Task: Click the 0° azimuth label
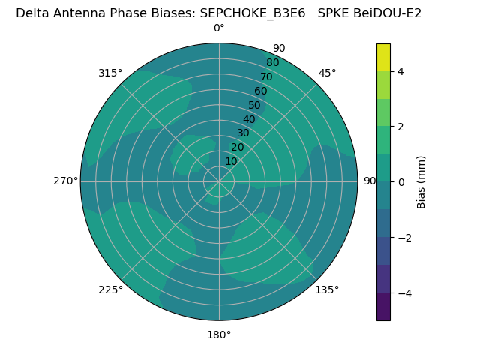coord(219,28)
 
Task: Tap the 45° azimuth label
coord(327,73)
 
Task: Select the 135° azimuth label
coord(327,289)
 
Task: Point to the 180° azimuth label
coord(219,334)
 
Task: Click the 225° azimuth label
coord(110,289)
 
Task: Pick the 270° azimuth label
coord(65,181)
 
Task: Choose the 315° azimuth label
coord(110,73)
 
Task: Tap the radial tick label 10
coord(231,161)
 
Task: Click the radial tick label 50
coord(255,106)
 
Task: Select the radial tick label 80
coord(272,63)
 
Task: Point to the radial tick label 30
coord(243,133)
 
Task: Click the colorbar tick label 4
coord(400,71)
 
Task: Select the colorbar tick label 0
coord(400,181)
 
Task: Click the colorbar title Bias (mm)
coord(421,181)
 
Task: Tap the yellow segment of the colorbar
coord(383,57)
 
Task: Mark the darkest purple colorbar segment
coord(383,306)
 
